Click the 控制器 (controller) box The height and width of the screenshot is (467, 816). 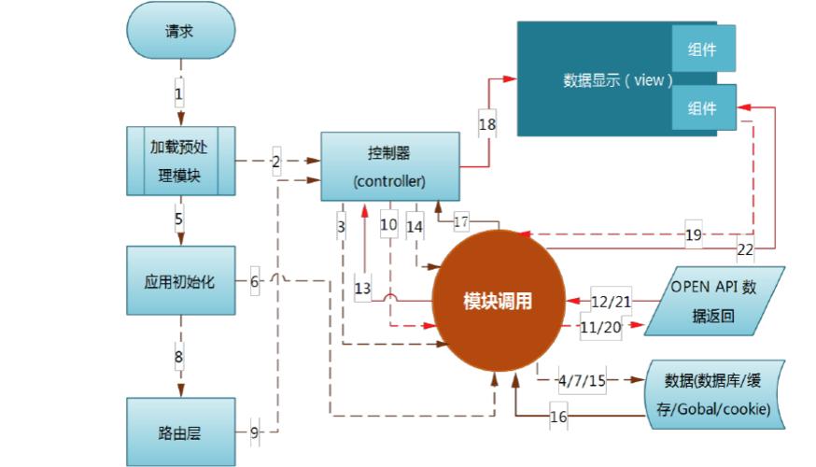(390, 165)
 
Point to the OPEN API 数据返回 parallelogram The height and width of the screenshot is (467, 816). (713, 301)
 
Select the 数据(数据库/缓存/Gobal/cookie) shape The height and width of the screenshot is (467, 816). (717, 393)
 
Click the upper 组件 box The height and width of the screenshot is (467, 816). (702, 50)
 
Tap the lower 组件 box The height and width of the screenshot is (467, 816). (702, 108)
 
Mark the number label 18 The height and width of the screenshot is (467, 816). (487, 123)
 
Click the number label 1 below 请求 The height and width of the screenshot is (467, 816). (178, 94)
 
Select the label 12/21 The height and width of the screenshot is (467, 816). (612, 301)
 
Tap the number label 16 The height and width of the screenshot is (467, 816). (557, 417)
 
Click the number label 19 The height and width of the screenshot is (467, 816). (693, 234)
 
